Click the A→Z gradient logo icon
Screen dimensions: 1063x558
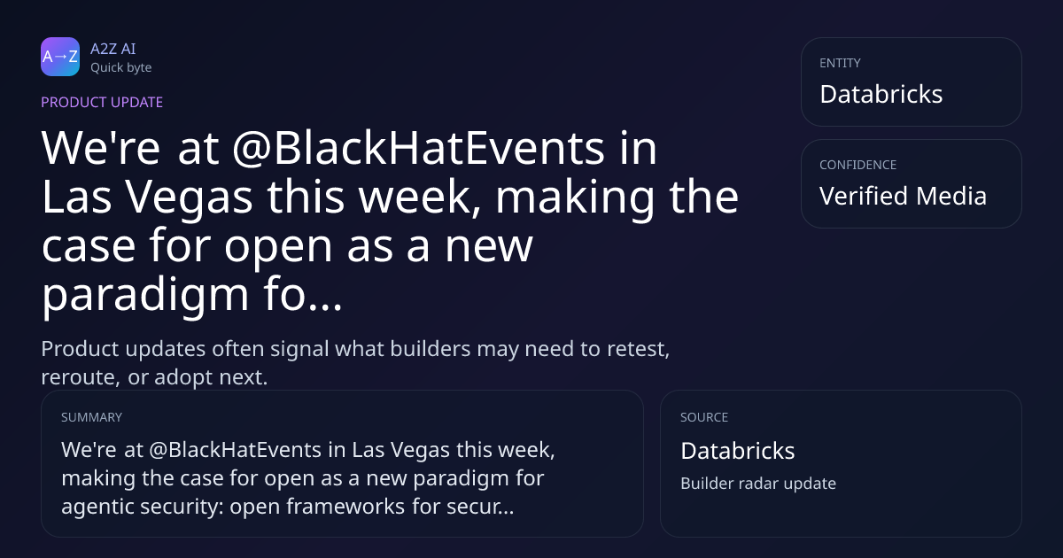[x=60, y=57]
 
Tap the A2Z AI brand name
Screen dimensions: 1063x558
[x=113, y=49]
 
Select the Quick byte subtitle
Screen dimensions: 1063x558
[x=121, y=68]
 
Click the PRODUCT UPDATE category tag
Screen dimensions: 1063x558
[x=102, y=103]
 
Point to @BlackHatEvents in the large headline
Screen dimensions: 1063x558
[x=418, y=148]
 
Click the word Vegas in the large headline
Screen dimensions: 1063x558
[x=189, y=198]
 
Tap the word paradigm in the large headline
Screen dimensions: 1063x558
[x=145, y=295]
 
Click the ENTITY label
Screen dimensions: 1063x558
[x=840, y=63]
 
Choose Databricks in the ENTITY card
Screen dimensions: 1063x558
[x=881, y=94]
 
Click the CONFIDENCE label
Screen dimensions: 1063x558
[x=858, y=165]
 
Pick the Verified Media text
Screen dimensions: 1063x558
[x=903, y=196]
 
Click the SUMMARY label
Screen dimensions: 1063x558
[x=91, y=417]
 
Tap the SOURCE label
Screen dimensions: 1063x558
[x=704, y=417]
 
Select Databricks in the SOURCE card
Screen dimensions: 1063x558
[x=737, y=451]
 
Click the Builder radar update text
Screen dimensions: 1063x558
[x=758, y=484]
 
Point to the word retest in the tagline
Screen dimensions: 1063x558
[x=639, y=349]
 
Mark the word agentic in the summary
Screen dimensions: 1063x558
[x=97, y=507]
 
